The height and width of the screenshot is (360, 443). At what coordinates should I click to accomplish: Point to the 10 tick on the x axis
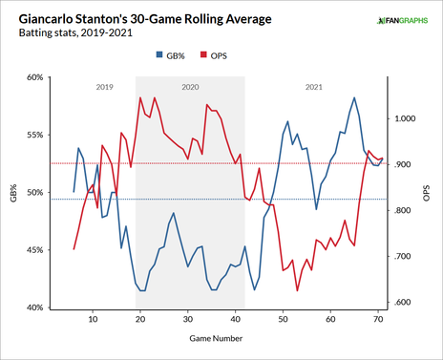coord(93,321)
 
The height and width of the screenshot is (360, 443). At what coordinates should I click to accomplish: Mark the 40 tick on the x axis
coord(235,321)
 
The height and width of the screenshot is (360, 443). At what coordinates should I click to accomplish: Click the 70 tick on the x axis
coord(378,321)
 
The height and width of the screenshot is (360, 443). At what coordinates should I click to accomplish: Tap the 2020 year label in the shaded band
coord(189,87)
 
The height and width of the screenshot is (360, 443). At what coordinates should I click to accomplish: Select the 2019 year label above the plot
coord(106,87)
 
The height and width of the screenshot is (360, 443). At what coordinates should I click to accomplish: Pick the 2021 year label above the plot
coord(312,87)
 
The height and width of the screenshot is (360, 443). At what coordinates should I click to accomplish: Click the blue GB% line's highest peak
coord(354,97)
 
